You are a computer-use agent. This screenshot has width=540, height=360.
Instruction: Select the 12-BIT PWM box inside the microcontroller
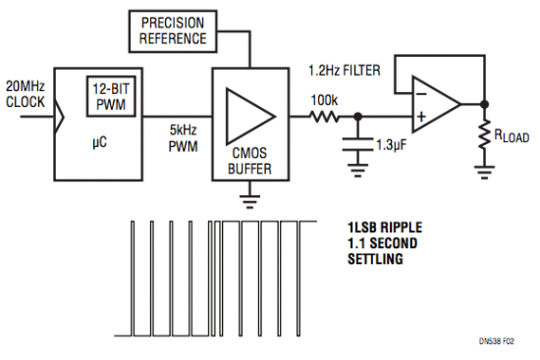tap(109, 95)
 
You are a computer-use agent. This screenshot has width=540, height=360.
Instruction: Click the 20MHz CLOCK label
tap(25, 94)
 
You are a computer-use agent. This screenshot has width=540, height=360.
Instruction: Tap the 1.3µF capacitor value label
tap(392, 144)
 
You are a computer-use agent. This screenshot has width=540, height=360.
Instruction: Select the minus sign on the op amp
tap(421, 92)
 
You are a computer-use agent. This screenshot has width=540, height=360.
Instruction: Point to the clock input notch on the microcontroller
tap(60, 116)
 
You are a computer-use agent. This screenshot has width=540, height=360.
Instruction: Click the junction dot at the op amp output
tap(484, 103)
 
